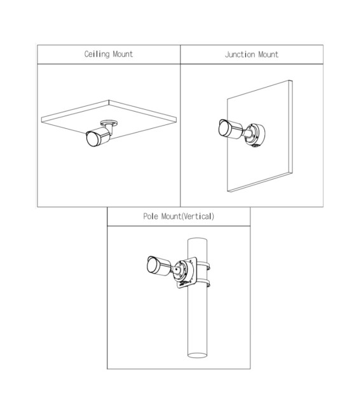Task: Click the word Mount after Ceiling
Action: pos(123,54)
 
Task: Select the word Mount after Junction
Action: pos(268,55)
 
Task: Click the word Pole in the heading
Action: pos(151,216)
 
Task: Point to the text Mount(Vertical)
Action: pos(188,216)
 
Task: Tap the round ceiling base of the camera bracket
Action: pos(109,123)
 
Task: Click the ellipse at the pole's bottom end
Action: pos(197,356)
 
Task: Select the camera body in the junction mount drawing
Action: pos(231,129)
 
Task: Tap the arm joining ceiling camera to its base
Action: pos(110,130)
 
